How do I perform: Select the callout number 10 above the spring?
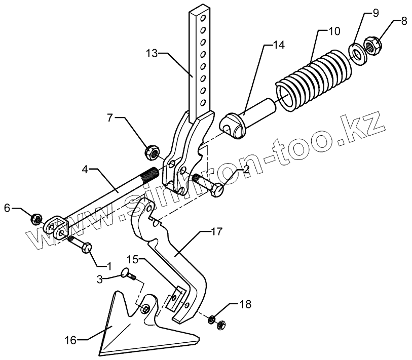(x=334, y=31)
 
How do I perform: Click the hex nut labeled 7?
(x=151, y=151)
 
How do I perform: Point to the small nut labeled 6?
(x=36, y=219)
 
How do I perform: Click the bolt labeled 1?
(x=82, y=247)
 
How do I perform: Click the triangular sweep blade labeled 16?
(x=137, y=329)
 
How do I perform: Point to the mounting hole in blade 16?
(x=145, y=309)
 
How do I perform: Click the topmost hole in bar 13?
(x=203, y=19)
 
